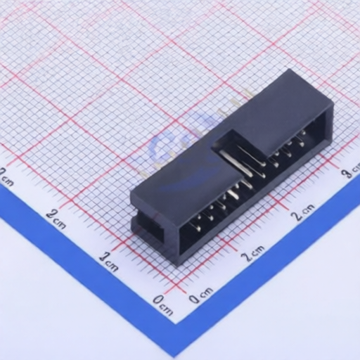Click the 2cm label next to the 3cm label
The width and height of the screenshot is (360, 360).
tap(304, 212)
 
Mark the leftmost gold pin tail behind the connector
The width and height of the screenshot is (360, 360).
tap(145, 171)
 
